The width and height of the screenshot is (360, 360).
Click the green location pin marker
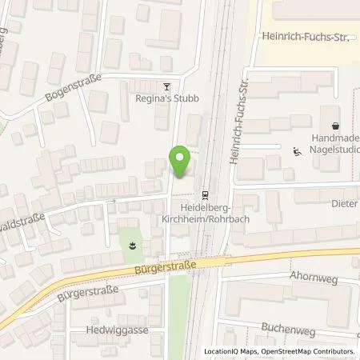(x=181, y=162)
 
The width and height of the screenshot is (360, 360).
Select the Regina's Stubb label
(x=166, y=98)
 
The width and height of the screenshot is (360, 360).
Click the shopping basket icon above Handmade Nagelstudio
(x=334, y=126)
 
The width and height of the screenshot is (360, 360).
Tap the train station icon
(x=206, y=193)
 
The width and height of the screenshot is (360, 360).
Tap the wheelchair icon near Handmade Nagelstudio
(x=298, y=151)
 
